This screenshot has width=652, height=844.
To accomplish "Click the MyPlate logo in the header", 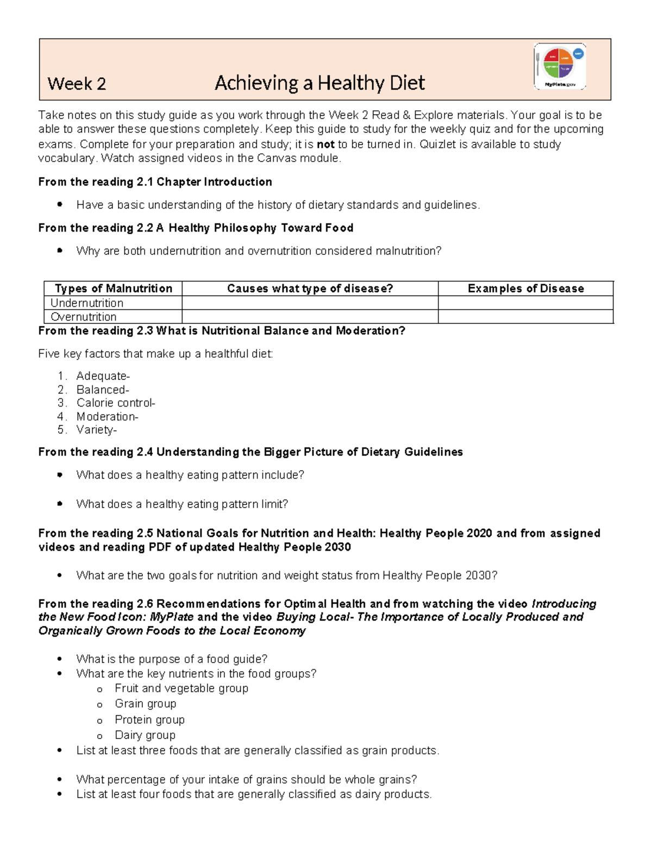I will click(560, 66).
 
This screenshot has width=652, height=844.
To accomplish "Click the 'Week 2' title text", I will click(77, 84).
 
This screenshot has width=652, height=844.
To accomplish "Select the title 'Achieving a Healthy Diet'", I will click(319, 83).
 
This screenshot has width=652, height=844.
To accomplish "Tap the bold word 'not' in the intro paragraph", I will click(325, 145).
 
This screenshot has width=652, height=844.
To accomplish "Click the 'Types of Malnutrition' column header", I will click(113, 289).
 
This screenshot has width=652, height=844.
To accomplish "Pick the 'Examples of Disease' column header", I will click(525, 289).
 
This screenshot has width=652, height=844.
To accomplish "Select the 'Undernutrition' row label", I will click(87, 303).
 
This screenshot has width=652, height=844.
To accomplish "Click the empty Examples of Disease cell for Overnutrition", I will click(525, 317).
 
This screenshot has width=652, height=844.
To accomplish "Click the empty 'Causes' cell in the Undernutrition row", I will click(310, 303).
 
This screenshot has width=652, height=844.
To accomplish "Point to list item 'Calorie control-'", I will click(116, 403).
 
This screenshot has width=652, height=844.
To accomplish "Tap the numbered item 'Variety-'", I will click(97, 430).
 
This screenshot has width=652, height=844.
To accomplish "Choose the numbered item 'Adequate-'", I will click(103, 376).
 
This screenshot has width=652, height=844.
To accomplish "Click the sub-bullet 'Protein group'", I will click(149, 720).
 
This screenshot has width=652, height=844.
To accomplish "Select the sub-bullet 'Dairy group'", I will click(145, 735).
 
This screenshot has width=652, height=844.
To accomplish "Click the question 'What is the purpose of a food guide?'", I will click(172, 659).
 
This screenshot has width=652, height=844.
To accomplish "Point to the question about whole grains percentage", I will click(247, 779).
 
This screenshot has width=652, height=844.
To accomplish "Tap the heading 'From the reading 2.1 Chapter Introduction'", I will click(155, 182).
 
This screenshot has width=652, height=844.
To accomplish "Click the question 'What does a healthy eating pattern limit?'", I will click(182, 504).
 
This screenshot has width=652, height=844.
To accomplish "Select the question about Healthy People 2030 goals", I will click(286, 576).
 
